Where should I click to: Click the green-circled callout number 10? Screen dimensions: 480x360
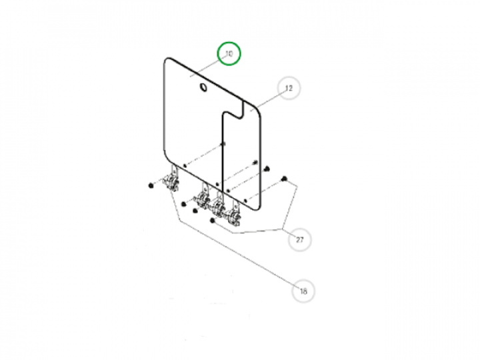click(x=229, y=53)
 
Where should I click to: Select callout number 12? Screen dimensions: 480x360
click(x=289, y=88)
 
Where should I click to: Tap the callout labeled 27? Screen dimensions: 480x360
click(x=300, y=239)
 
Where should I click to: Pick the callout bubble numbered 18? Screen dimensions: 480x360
click(x=303, y=291)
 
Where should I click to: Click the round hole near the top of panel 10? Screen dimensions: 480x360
click(x=203, y=87)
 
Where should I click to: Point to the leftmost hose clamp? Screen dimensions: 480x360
click(x=172, y=182)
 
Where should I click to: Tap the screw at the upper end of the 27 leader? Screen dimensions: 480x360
click(x=284, y=179)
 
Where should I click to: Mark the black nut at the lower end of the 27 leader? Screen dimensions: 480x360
click(x=212, y=221)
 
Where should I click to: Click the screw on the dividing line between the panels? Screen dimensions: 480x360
click(x=223, y=143)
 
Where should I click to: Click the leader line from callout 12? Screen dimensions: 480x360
click(x=269, y=101)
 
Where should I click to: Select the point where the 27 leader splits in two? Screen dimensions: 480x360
click(x=282, y=229)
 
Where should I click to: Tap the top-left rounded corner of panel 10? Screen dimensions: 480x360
click(x=165, y=60)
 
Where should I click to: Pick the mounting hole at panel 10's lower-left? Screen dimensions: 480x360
click(x=185, y=165)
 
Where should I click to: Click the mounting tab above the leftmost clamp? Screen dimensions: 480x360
click(x=174, y=169)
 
